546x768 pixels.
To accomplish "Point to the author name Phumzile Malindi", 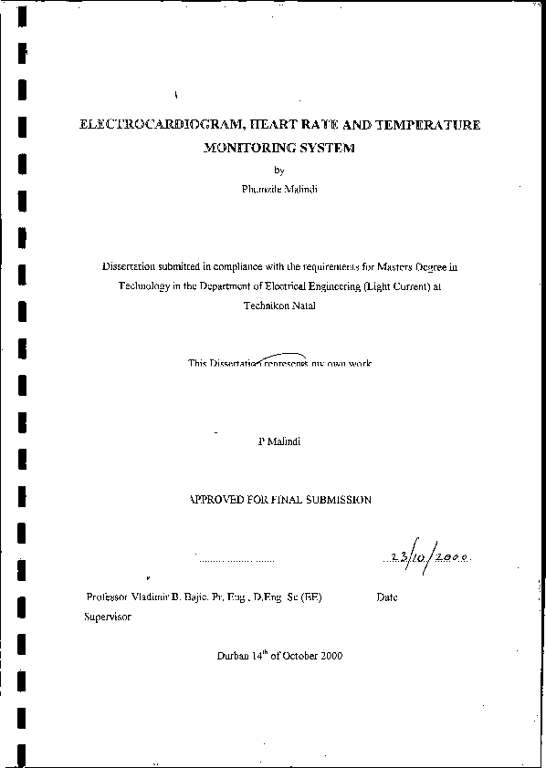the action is [x=278, y=189].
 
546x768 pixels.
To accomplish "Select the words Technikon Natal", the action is [x=279, y=307].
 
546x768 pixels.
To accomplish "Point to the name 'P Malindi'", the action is [x=279, y=441].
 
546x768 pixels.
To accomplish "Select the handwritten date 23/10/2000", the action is [x=430, y=555].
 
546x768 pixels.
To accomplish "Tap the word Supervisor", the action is [x=107, y=617].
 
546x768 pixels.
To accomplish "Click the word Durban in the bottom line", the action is [x=233, y=657].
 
